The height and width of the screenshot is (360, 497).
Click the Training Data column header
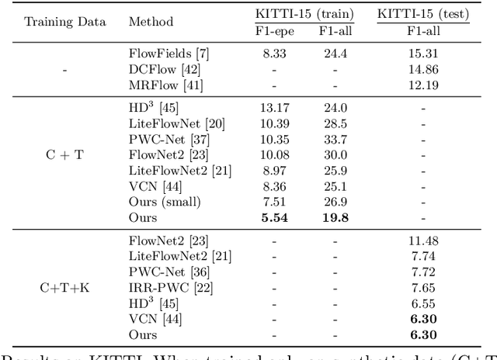tap(64, 21)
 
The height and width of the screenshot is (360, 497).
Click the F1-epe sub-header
tap(267, 30)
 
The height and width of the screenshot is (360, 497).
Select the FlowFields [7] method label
tap(169, 54)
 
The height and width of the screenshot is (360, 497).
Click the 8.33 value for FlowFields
tap(267, 54)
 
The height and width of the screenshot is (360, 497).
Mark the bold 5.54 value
tap(267, 218)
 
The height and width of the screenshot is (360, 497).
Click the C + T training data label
tap(64, 155)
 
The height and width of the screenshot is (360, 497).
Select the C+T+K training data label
tap(64, 288)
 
